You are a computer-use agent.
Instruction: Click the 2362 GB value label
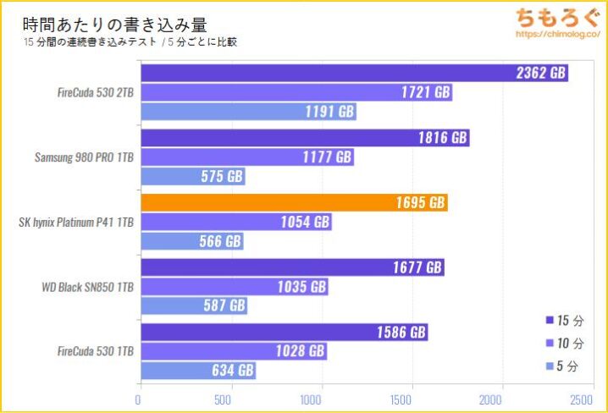pos(540,74)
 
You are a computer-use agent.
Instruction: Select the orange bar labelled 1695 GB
pos(293,203)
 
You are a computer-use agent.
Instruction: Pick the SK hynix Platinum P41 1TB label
pos(76,223)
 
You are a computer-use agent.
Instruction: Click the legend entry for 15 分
pos(565,321)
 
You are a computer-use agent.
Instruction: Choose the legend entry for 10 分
pos(565,344)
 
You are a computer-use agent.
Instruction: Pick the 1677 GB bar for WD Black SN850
pos(291,267)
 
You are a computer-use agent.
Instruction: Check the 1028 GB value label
pos(298,351)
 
